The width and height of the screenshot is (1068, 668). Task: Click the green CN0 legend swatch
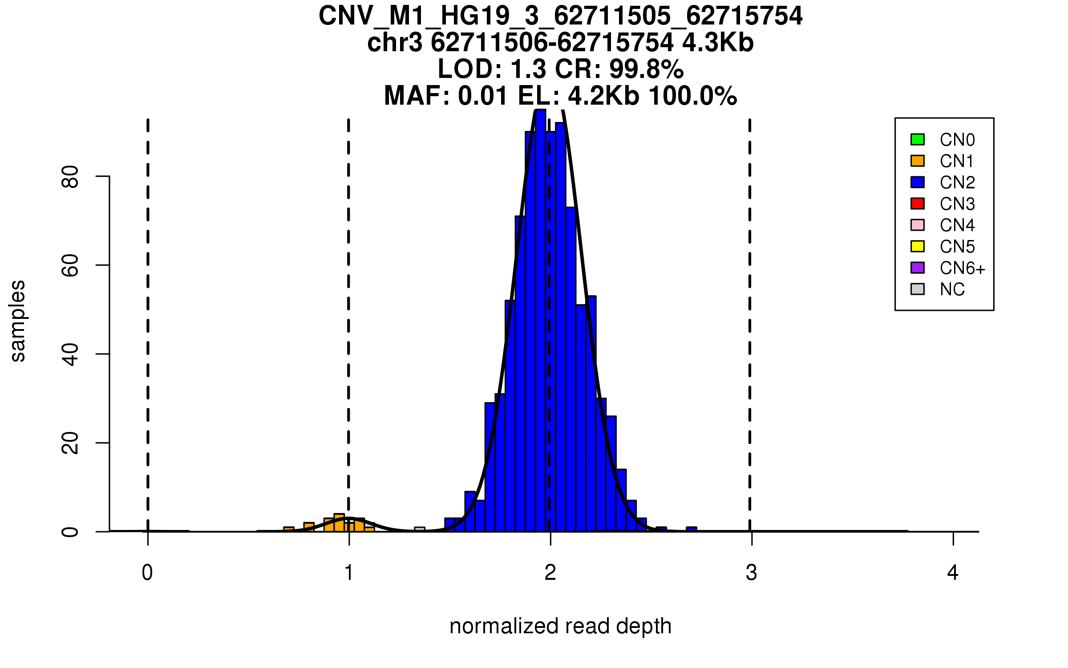(918, 139)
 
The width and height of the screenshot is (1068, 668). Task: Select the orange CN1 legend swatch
(918, 161)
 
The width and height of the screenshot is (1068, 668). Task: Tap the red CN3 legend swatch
(918, 204)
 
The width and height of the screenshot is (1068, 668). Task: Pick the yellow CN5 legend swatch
(918, 246)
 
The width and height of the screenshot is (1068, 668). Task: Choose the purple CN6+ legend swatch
(918, 268)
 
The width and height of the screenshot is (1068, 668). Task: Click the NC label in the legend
(952, 289)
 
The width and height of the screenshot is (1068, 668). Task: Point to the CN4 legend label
(957, 225)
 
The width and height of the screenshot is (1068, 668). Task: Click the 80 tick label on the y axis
(70, 177)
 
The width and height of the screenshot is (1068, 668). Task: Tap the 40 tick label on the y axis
(70, 354)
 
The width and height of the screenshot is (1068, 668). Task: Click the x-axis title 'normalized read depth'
(560, 626)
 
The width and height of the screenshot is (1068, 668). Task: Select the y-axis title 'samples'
(18, 321)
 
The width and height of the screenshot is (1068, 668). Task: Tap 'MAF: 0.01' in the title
(446, 96)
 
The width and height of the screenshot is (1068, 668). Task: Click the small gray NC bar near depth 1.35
(420, 529)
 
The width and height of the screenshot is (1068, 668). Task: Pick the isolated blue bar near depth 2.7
(692, 529)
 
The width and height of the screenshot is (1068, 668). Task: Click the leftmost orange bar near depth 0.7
(289, 529)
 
